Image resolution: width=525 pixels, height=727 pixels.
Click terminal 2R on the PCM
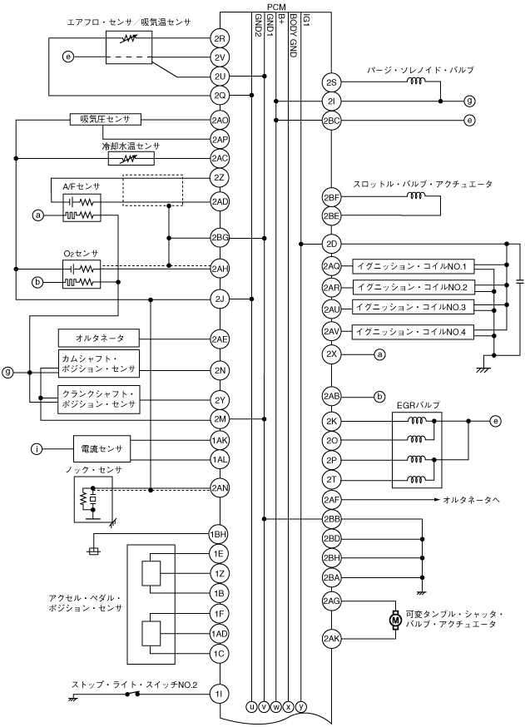(x=220, y=38)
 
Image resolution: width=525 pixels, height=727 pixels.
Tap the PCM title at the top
(x=276, y=7)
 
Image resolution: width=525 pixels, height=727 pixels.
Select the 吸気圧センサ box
(x=106, y=119)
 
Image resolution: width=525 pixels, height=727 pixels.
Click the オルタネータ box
(x=99, y=339)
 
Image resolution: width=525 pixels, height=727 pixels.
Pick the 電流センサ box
(x=102, y=449)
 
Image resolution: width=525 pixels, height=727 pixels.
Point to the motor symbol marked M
(x=395, y=619)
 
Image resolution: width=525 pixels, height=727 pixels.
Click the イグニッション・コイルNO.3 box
(x=413, y=307)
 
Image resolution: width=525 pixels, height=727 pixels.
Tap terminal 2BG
(x=220, y=239)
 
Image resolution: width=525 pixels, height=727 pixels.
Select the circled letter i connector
(x=37, y=449)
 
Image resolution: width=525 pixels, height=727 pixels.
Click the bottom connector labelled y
(x=300, y=706)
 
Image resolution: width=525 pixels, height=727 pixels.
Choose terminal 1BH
(x=219, y=534)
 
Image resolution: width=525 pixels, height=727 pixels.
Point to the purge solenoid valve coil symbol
(x=415, y=82)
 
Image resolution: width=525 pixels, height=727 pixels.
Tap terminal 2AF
(x=332, y=499)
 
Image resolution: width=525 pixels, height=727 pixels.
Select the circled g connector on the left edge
(x=7, y=371)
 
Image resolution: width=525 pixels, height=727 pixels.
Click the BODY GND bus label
(x=293, y=35)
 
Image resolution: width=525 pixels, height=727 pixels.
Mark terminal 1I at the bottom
(x=219, y=694)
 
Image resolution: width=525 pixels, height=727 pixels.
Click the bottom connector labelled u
(x=252, y=706)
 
